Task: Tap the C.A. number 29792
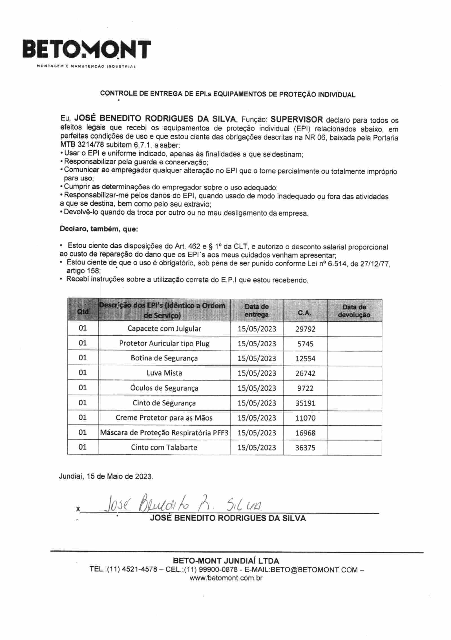(x=305, y=329)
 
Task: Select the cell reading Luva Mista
(x=164, y=373)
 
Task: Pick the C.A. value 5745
(x=305, y=344)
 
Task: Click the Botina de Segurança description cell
(x=164, y=358)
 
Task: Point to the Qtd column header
(x=83, y=311)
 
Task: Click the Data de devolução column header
(x=354, y=311)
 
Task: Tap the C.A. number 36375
(x=305, y=448)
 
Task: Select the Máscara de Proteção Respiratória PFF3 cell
(x=164, y=433)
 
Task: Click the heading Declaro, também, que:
(x=99, y=229)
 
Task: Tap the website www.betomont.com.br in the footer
(x=226, y=578)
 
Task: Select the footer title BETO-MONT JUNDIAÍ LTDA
(x=226, y=560)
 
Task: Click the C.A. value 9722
(x=305, y=388)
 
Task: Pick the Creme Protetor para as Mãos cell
(x=164, y=418)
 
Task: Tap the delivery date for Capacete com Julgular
(x=257, y=329)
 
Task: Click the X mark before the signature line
(x=78, y=509)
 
